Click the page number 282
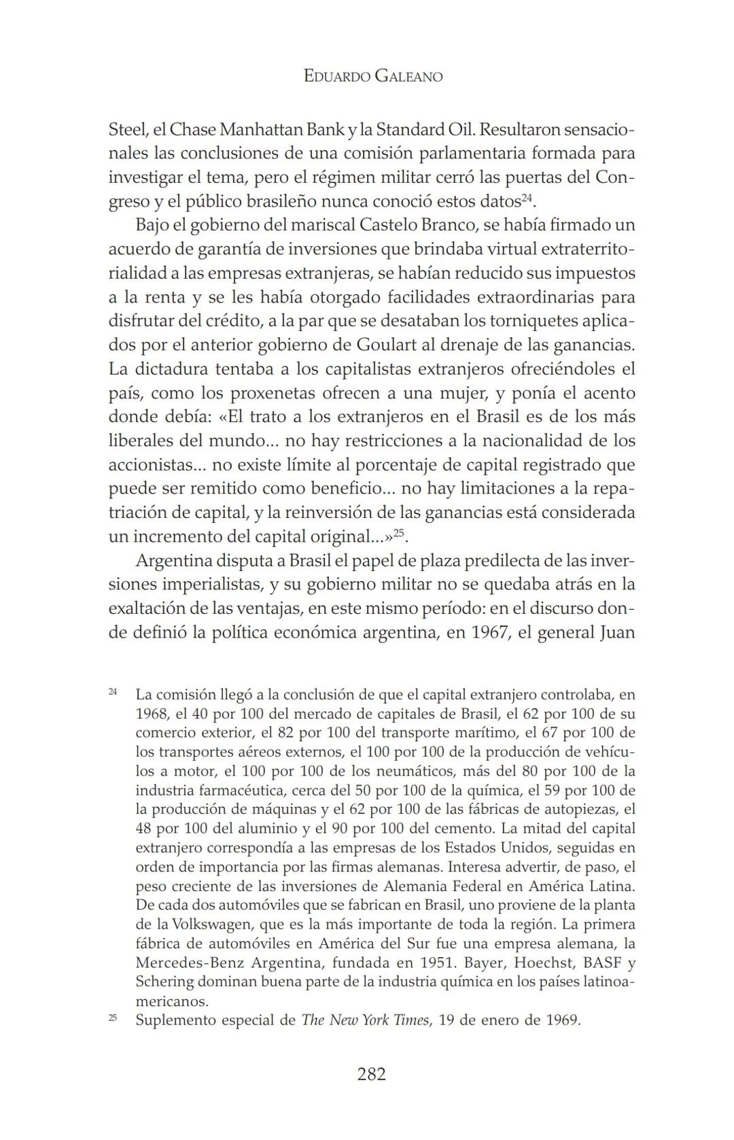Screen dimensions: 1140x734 click(371, 1073)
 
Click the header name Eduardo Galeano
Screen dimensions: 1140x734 click(372, 76)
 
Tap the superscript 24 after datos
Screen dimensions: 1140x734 click(527, 197)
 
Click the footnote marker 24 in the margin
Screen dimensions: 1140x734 click(113, 691)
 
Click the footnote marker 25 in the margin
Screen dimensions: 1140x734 click(113, 1018)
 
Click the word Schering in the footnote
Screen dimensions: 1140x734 click(164, 982)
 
